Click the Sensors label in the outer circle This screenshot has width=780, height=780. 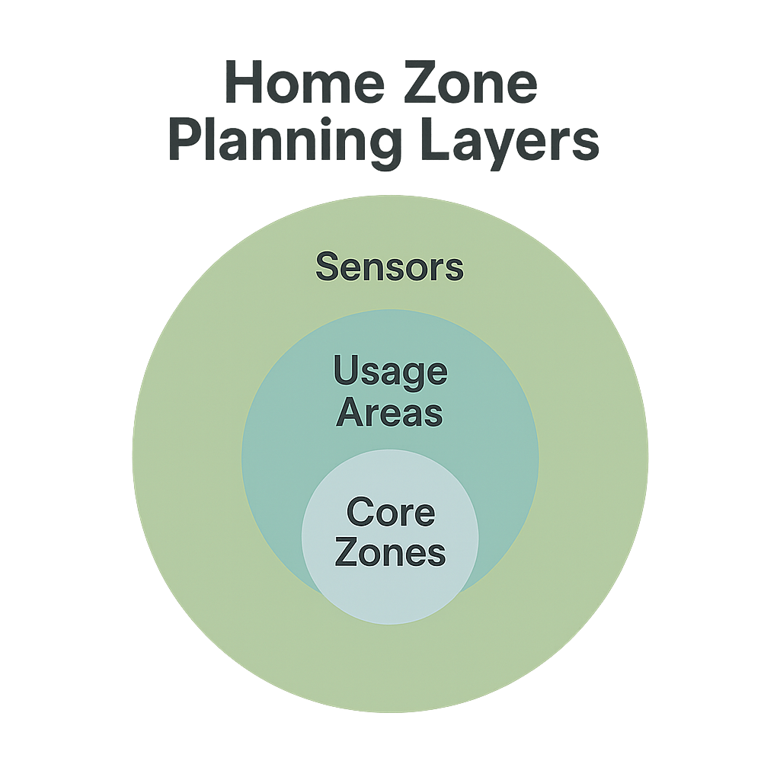[x=389, y=267]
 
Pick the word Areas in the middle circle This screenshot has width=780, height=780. [x=389, y=413]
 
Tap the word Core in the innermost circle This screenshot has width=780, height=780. [x=390, y=513]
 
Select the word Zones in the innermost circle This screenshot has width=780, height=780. [x=390, y=552]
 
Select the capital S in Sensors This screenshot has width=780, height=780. [x=326, y=267]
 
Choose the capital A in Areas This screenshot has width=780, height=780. [x=350, y=413]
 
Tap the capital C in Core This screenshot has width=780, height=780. [x=359, y=513]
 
